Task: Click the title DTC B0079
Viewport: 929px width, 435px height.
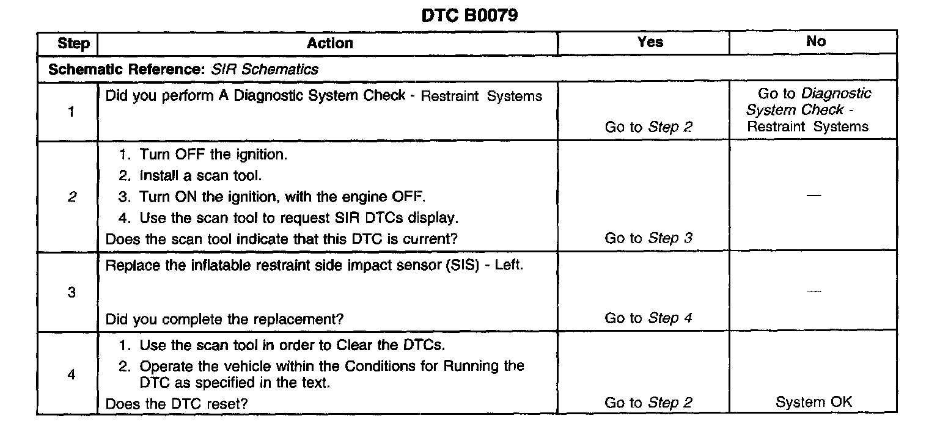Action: pos(469,15)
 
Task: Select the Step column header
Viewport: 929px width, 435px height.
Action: pos(73,44)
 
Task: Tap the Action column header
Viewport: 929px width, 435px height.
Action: pos(329,43)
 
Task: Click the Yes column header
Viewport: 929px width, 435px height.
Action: pos(650,42)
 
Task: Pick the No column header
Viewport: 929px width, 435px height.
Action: pos(815,42)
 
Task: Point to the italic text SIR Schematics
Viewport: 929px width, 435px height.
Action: pos(265,69)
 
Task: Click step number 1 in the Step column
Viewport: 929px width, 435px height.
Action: pos(72,112)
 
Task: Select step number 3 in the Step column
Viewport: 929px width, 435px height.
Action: pos(72,292)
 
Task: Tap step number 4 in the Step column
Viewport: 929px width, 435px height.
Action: pos(72,375)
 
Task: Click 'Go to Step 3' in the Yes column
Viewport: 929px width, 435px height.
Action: pos(648,238)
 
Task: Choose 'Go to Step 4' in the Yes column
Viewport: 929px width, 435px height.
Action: pos(648,318)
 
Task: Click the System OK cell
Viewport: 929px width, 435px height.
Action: pos(813,402)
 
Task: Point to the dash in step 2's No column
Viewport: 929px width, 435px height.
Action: pos(813,196)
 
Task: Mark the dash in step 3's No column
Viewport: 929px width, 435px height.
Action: pos(813,291)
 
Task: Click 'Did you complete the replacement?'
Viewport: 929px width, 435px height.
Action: pos(224,319)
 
